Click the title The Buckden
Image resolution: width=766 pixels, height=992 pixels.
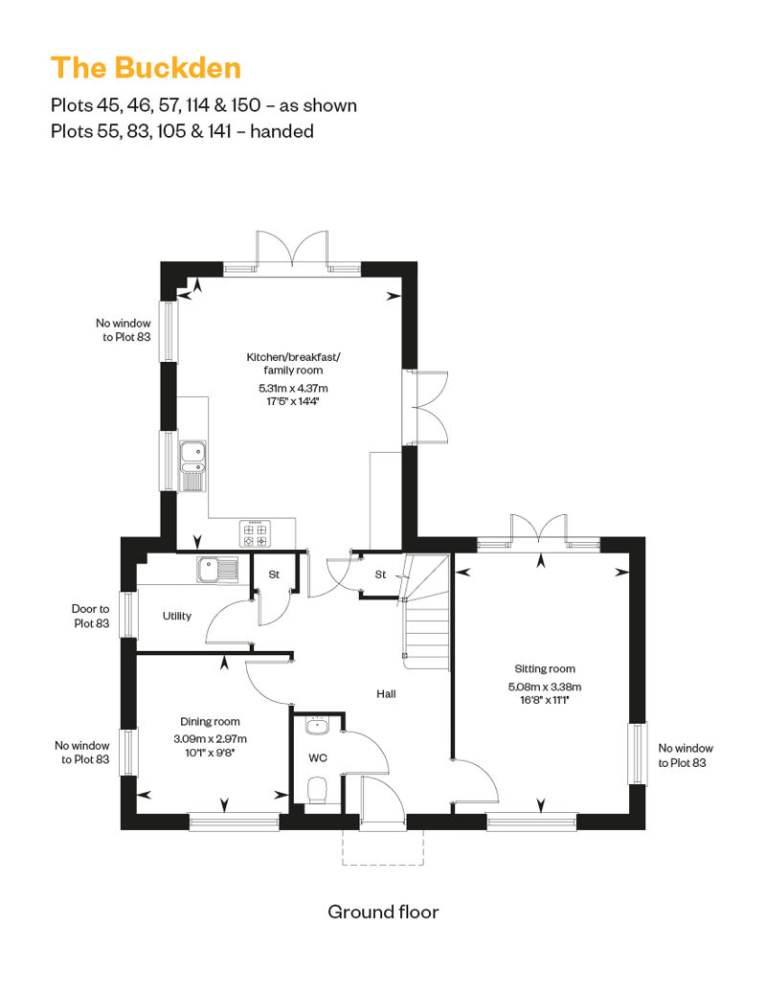click(146, 68)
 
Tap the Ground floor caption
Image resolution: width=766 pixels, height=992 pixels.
click(383, 912)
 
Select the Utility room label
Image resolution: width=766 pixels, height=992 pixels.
click(176, 616)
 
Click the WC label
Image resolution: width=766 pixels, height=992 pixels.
click(318, 758)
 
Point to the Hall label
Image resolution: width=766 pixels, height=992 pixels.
click(386, 694)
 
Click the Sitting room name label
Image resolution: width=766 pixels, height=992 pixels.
click(545, 668)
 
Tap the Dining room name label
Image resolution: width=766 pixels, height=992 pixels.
click(210, 721)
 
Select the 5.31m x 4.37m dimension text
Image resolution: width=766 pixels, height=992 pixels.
click(293, 389)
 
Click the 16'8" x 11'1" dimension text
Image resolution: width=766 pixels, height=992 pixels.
click(545, 700)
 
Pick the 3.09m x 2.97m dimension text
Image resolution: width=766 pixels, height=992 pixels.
click(210, 738)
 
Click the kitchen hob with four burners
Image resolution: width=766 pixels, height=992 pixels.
click(256, 533)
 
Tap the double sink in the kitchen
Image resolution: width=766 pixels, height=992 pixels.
click(192, 465)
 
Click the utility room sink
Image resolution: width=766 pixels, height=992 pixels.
click(217, 570)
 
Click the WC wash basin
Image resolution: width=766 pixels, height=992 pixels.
click(317, 725)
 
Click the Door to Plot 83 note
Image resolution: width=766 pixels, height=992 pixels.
click(90, 616)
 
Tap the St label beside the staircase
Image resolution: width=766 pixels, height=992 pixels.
click(380, 575)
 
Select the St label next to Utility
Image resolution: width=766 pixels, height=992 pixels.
click(274, 575)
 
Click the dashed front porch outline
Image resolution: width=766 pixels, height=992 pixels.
click(383, 865)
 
